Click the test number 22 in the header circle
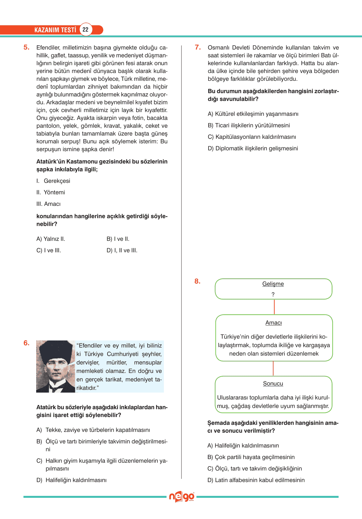click(x=85, y=30)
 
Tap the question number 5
click(x=26, y=47)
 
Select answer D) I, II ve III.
click(x=122, y=251)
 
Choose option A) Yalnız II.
click(x=51, y=239)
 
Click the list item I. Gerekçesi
click(x=53, y=181)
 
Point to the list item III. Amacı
click(x=49, y=204)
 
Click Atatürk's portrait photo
click(x=55, y=366)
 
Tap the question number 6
click(x=26, y=343)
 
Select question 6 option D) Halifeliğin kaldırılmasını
click(x=72, y=480)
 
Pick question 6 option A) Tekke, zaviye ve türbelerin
click(x=94, y=430)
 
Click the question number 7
click(x=198, y=47)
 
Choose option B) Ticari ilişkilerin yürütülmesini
click(x=249, y=125)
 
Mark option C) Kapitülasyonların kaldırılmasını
click(x=252, y=137)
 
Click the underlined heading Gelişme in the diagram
click(x=273, y=284)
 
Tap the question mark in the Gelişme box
click(x=273, y=295)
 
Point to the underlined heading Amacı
click(x=274, y=323)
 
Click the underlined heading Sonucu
click(x=273, y=384)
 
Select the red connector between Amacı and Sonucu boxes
click(x=273, y=368)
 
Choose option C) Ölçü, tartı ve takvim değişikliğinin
click(x=254, y=469)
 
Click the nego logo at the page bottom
click(x=181, y=497)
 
